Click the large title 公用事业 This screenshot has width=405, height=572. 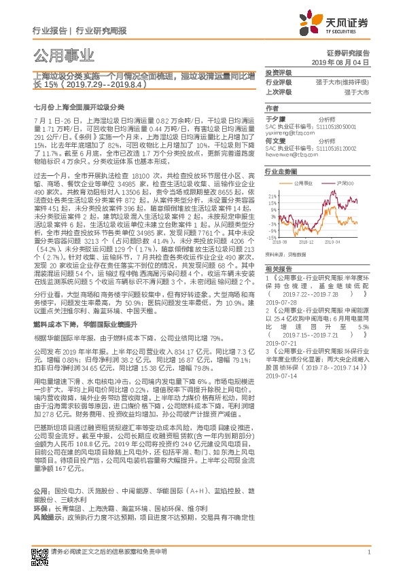pyautogui.click(x=64, y=56)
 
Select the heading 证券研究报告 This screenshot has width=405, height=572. pyautogui.click(x=353, y=52)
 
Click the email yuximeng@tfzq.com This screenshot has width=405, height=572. pyautogui.click(x=290, y=132)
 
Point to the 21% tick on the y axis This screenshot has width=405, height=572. pyautogui.click(x=271, y=196)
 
